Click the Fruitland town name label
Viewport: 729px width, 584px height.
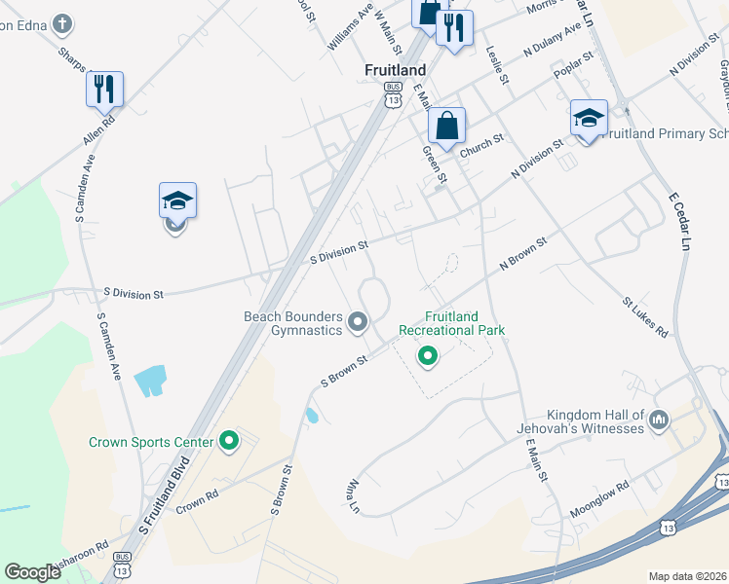coord(396,70)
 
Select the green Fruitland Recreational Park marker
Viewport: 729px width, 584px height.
coord(427,357)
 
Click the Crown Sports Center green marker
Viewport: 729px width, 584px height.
coord(229,442)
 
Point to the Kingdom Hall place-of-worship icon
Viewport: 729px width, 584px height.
coord(659,420)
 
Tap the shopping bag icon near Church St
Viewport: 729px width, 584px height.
coord(446,127)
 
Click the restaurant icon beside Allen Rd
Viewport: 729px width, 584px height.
coord(103,90)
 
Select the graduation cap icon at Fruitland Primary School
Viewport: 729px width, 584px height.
coord(589,119)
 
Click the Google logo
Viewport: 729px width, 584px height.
coord(32,572)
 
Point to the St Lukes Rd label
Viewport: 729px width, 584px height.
coord(646,318)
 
